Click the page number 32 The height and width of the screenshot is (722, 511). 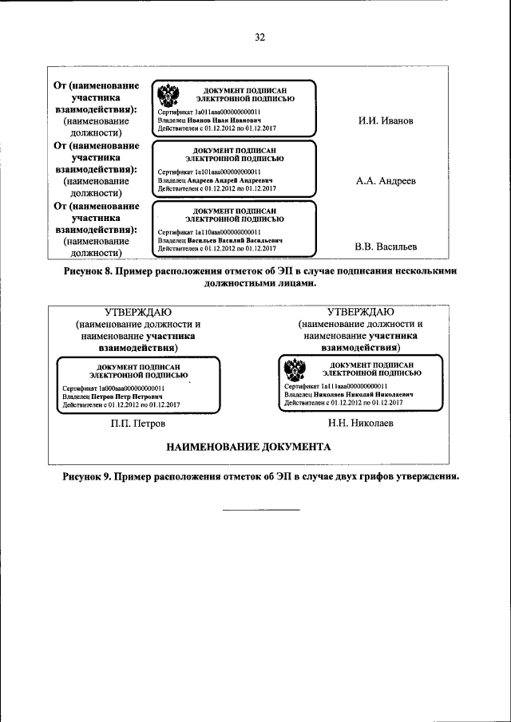[x=259, y=37]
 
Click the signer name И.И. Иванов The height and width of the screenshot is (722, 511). [x=386, y=121]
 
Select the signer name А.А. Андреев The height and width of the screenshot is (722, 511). [x=386, y=181]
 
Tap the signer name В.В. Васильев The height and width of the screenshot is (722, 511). [x=386, y=247]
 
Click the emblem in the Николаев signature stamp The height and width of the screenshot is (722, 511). [x=291, y=370]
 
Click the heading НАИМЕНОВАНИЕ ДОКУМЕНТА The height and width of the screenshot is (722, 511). [x=248, y=447]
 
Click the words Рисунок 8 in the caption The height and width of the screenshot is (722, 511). [x=89, y=271]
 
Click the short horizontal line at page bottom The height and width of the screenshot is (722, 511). [x=260, y=509]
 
